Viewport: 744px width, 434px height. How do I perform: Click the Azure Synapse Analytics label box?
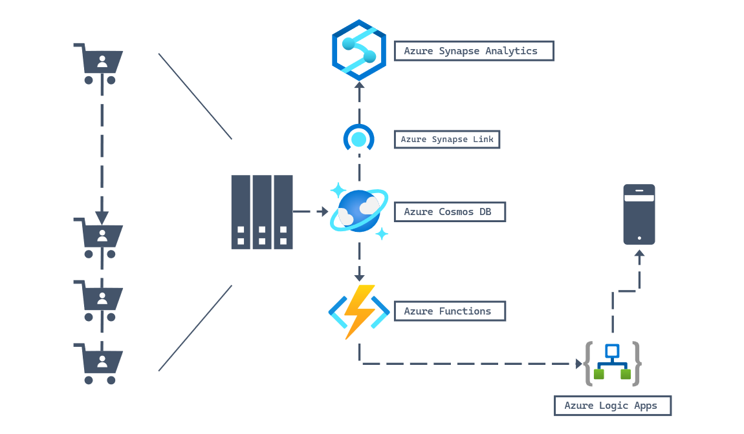point(474,51)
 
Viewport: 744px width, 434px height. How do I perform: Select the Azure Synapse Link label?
point(446,139)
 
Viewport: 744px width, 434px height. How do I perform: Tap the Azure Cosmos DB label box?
point(450,212)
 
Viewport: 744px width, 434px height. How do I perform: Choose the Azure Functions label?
point(450,311)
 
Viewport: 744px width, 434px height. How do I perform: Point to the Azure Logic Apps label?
point(612,406)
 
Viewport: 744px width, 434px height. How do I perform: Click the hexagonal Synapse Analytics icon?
point(359,50)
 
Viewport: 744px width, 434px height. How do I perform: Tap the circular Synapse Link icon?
point(358,138)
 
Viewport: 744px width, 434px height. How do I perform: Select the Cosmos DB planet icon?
point(359,211)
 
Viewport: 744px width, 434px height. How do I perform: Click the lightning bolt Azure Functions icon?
point(358,311)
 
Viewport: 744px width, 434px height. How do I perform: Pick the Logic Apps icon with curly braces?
point(612,363)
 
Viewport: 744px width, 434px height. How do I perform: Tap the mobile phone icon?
point(639,214)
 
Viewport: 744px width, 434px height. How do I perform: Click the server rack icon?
point(262,212)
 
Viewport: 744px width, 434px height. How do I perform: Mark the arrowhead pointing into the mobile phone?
point(639,255)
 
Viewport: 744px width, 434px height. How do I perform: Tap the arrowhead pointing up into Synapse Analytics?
point(359,85)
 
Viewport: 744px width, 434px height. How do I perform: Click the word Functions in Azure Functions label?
point(465,311)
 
